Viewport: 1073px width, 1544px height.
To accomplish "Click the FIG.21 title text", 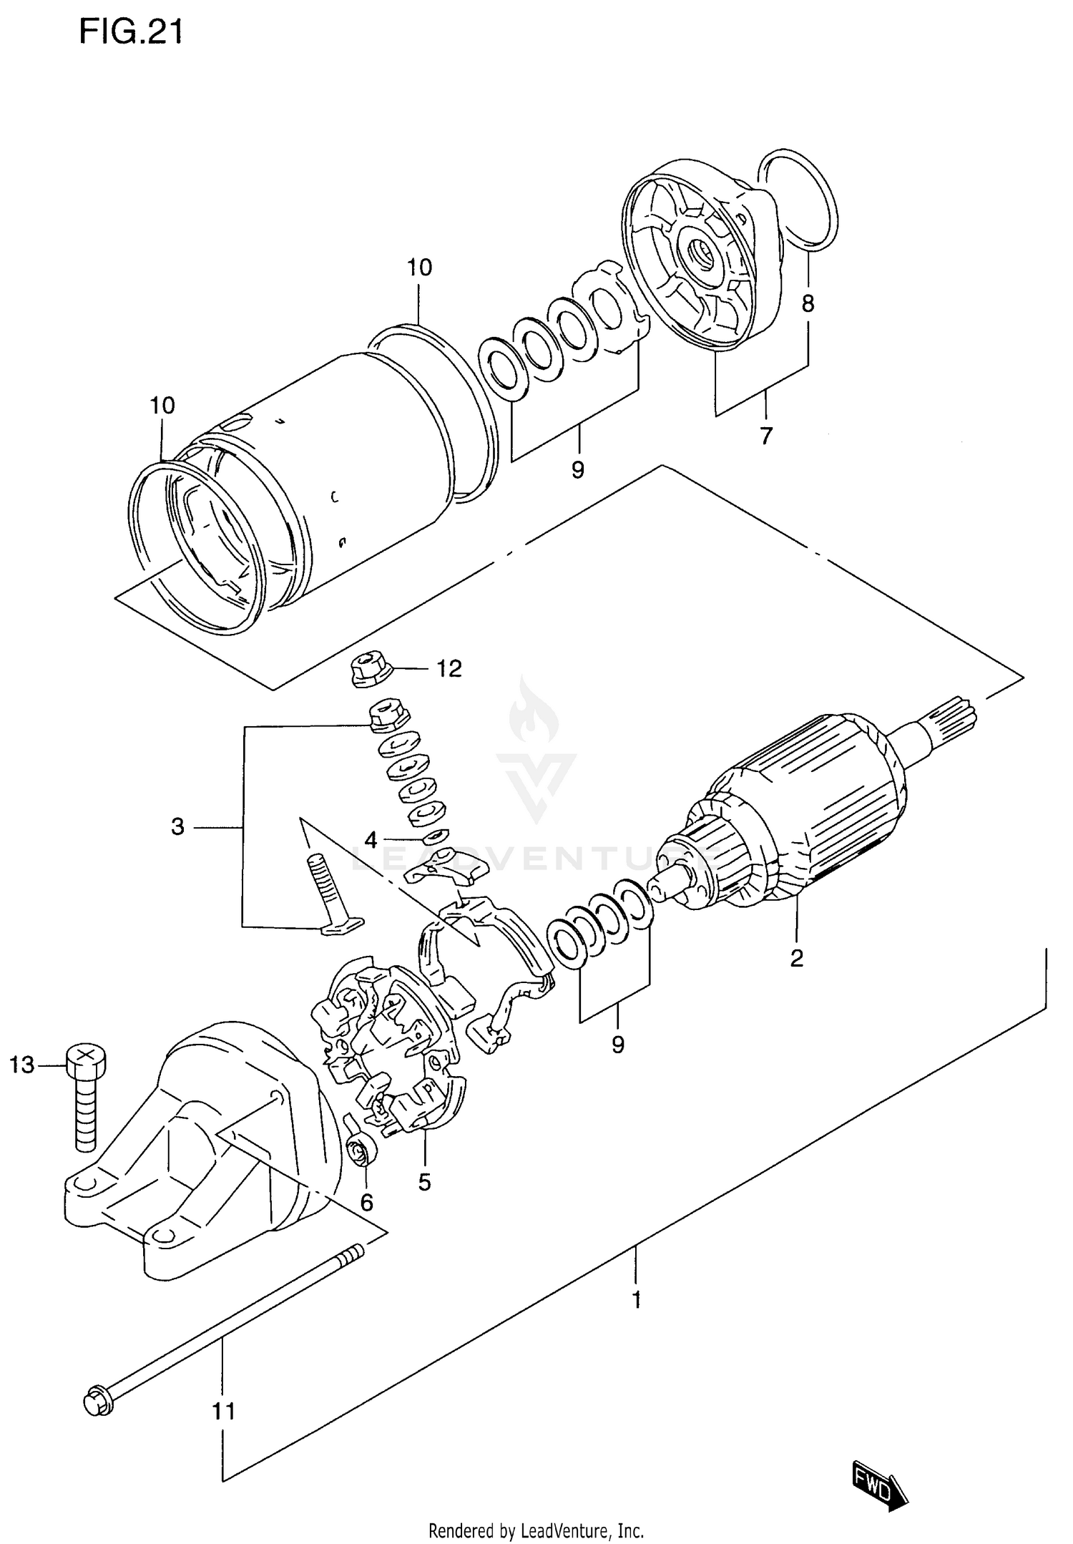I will pos(130,32).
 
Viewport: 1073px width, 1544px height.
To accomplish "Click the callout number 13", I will pos(22,1065).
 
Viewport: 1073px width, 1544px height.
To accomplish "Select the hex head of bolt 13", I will pos(85,1059).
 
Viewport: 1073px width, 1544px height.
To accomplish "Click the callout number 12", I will pos(449,669).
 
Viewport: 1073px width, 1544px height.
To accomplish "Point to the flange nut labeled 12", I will pos(369,671).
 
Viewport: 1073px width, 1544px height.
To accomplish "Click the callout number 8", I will pos(808,304).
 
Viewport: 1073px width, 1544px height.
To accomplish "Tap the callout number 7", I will pos(766,435).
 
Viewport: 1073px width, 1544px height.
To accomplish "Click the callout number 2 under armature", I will pos(797,958).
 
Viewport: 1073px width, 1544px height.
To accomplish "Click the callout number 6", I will pos(366,1203).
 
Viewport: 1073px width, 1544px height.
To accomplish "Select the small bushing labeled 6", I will pos(358,1153).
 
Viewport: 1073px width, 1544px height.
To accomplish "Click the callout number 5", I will pos(425,1182).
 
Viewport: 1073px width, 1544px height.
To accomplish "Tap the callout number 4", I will pos(371,840).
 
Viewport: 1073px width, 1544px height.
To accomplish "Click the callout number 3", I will pos(178,827).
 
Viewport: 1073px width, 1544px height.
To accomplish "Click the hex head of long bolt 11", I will pos(97,1402).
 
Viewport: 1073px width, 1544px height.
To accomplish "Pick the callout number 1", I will pos(637,1299).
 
